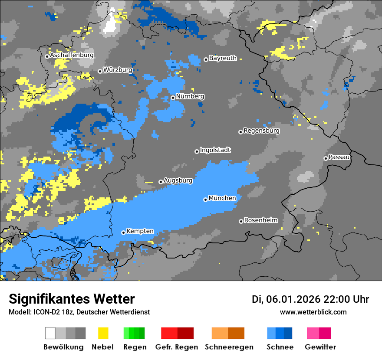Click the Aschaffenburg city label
tap(72, 56)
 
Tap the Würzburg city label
tap(118, 70)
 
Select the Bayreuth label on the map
tap(223, 58)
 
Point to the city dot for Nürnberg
tap(173, 98)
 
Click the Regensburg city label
tap(261, 131)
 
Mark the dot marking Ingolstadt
tap(197, 151)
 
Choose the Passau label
tap(339, 157)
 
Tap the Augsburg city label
tap(178, 180)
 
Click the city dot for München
tap(205, 200)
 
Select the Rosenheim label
tap(260, 220)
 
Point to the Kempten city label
tap(140, 231)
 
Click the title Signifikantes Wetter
tap(72, 299)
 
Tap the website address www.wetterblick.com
tap(313, 312)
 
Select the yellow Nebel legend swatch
tap(103, 333)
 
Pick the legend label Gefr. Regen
tap(177, 347)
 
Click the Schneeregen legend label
tap(227, 347)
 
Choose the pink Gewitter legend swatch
tap(313, 333)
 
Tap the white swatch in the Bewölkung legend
tap(50, 333)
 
